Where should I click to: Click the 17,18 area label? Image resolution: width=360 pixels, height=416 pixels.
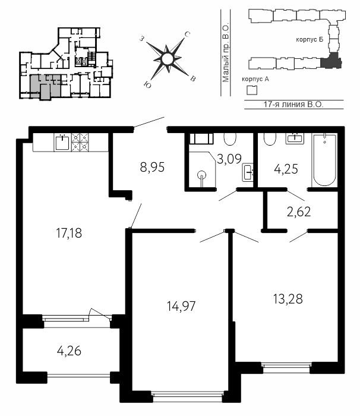point(69,233)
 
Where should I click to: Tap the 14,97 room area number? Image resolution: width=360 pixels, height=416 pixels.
point(181,306)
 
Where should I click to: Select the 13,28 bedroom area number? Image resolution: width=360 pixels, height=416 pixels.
point(288,299)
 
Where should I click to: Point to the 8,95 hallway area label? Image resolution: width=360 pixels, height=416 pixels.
point(152,168)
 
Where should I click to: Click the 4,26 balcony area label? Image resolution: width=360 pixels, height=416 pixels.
point(69,351)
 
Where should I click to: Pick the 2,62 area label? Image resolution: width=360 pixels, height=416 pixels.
point(299,212)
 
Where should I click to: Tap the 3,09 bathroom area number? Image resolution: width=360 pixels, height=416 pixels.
point(229,159)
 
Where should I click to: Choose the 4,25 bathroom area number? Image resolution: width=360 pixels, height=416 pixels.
point(286,169)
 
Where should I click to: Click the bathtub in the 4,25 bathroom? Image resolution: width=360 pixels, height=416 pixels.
point(324,160)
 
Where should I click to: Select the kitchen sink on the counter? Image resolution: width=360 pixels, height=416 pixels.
point(62,143)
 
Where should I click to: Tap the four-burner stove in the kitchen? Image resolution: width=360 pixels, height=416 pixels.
point(80,142)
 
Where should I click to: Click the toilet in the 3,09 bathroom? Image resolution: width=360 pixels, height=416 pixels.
point(230,138)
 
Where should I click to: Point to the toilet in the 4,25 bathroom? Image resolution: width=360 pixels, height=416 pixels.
point(270,139)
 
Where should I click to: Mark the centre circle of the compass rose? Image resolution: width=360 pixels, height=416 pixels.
point(167,59)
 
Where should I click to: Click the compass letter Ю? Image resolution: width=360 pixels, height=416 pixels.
point(147,84)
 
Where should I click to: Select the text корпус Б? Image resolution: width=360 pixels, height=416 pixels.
point(310,40)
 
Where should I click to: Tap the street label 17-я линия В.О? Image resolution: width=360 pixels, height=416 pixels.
point(293,104)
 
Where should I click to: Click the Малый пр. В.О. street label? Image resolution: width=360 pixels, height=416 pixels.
point(226,53)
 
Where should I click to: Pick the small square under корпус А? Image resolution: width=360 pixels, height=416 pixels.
point(252,90)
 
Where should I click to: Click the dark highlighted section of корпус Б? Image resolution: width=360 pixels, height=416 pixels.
point(330,62)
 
